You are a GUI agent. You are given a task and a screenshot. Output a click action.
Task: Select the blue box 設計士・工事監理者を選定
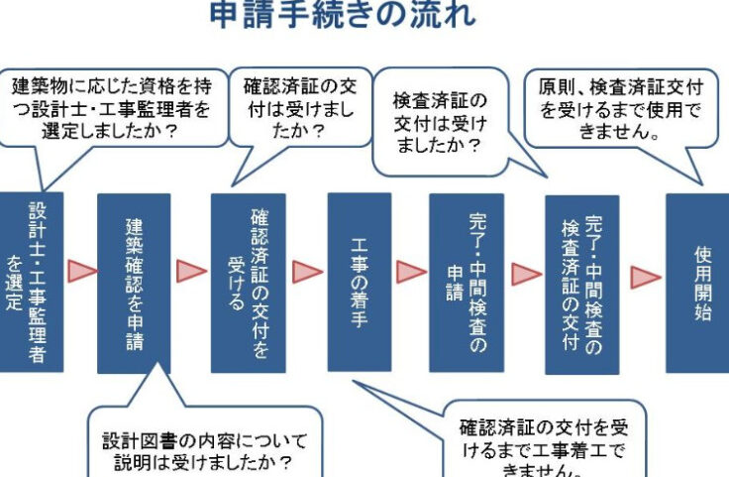pyautogui.click(x=31, y=282)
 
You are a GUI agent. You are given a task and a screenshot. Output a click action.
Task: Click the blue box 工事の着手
pyautogui.click(x=360, y=281)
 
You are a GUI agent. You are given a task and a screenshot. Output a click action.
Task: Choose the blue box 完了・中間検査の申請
pyautogui.click(x=466, y=282)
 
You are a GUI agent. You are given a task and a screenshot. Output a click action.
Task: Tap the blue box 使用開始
pyautogui.click(x=696, y=282)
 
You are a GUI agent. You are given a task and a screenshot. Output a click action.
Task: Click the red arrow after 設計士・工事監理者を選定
pyautogui.click(x=81, y=271)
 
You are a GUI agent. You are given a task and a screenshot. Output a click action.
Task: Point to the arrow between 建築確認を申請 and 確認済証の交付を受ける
pyautogui.click(x=190, y=271)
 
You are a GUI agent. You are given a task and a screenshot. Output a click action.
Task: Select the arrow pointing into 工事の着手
pyautogui.click(x=307, y=271)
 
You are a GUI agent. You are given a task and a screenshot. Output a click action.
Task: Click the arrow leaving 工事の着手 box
pyautogui.click(x=411, y=271)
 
